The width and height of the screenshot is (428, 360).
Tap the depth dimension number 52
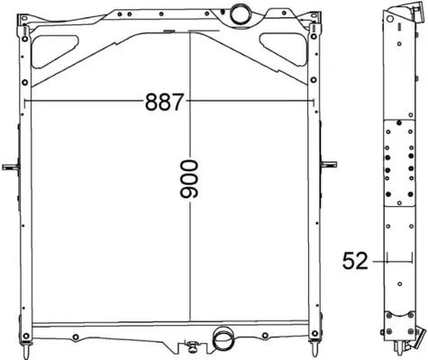coord(355,261)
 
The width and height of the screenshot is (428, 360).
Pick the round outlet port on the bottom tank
coord(220,340)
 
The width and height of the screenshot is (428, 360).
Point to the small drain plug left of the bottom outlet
coord(191,345)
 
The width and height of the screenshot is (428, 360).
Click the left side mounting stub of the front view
coord(11,166)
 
